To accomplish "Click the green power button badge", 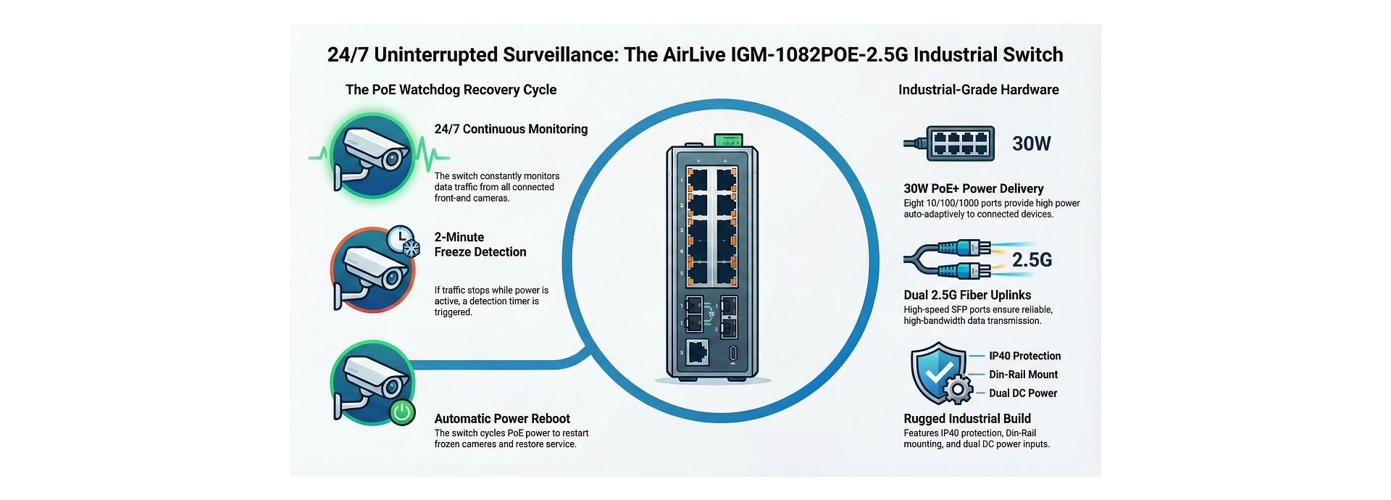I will (x=402, y=412).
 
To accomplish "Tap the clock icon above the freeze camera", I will (x=398, y=238).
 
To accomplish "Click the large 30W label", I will (x=1031, y=143).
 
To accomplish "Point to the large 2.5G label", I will (x=1032, y=259).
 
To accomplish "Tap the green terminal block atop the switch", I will (x=729, y=139).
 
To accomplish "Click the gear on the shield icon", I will (x=958, y=390).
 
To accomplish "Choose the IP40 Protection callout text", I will (x=1024, y=356).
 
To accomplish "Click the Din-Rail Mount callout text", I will (x=1023, y=375).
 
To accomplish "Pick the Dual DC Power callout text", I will (x=1023, y=393).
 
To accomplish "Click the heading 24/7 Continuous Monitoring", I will (x=511, y=129).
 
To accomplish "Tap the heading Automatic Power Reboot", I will (x=502, y=419).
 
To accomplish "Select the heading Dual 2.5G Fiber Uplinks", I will (x=967, y=295).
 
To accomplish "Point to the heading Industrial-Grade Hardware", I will (x=978, y=90).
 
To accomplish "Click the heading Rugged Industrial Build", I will (x=967, y=419).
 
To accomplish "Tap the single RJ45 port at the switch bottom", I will (x=697, y=352).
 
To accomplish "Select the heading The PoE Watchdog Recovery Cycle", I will (x=451, y=90).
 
